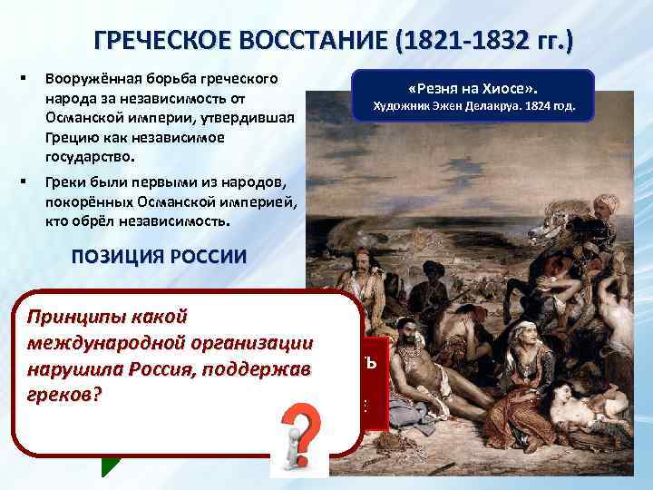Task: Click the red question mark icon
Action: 298,433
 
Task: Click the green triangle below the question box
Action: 111,463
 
